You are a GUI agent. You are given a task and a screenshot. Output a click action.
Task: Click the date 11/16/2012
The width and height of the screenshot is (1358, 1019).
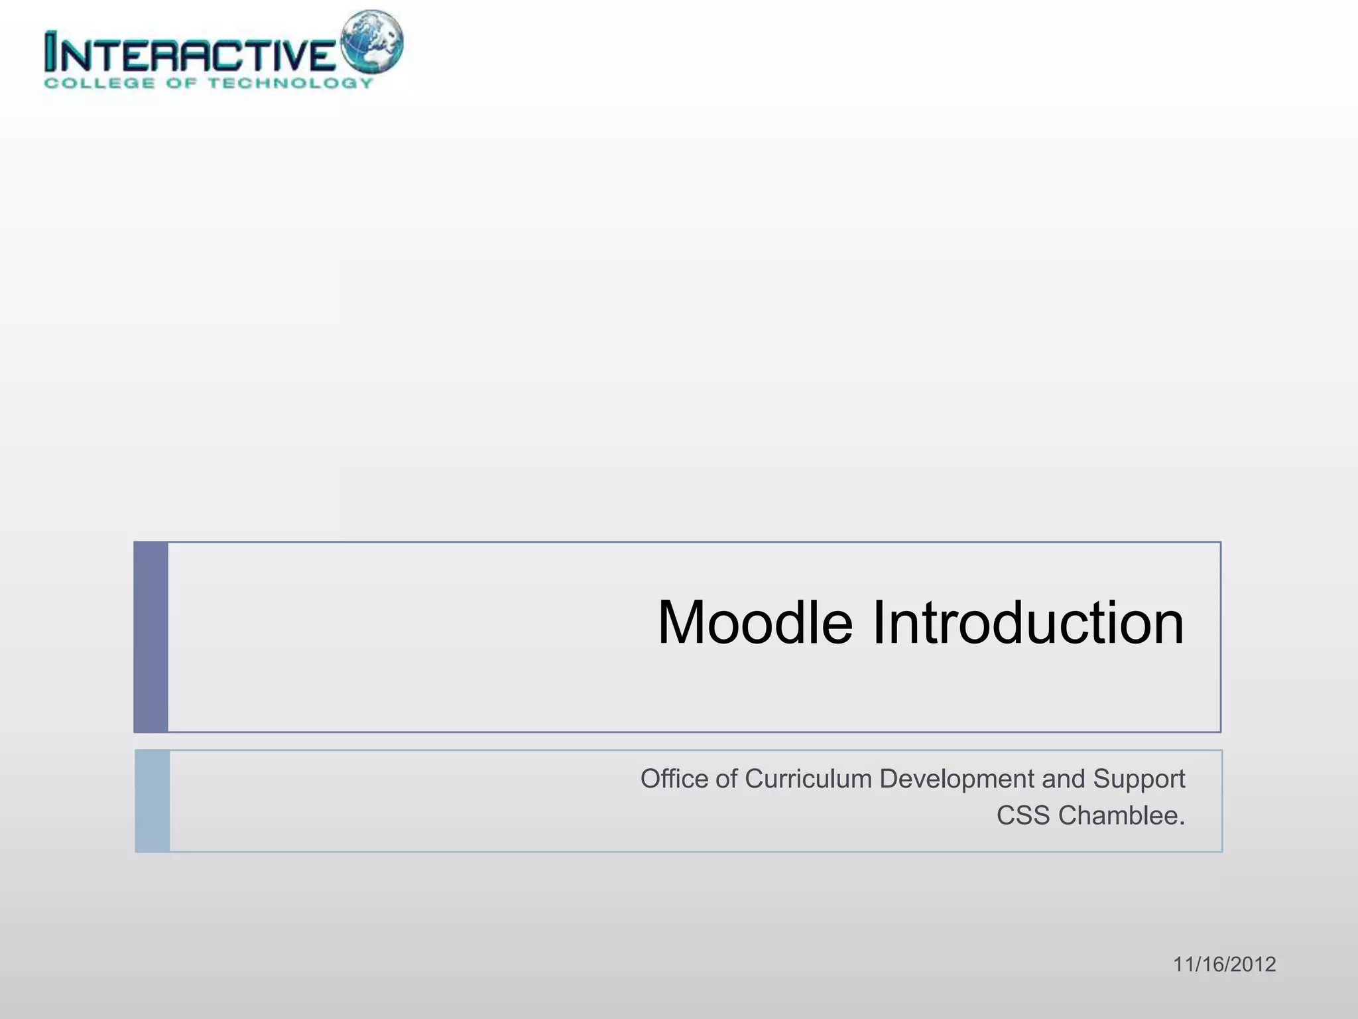pyautogui.click(x=1224, y=964)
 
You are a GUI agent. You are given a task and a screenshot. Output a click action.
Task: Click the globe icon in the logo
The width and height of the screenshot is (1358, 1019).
pyautogui.click(x=371, y=41)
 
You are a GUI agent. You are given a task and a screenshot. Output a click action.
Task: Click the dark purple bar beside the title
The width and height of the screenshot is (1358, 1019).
pyautogui.click(x=151, y=637)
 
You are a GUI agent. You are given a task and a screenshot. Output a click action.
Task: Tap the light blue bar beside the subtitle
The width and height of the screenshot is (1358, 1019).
pyautogui.click(x=153, y=801)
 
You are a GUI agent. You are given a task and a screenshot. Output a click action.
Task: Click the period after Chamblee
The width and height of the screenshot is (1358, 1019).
pyautogui.click(x=1182, y=823)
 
